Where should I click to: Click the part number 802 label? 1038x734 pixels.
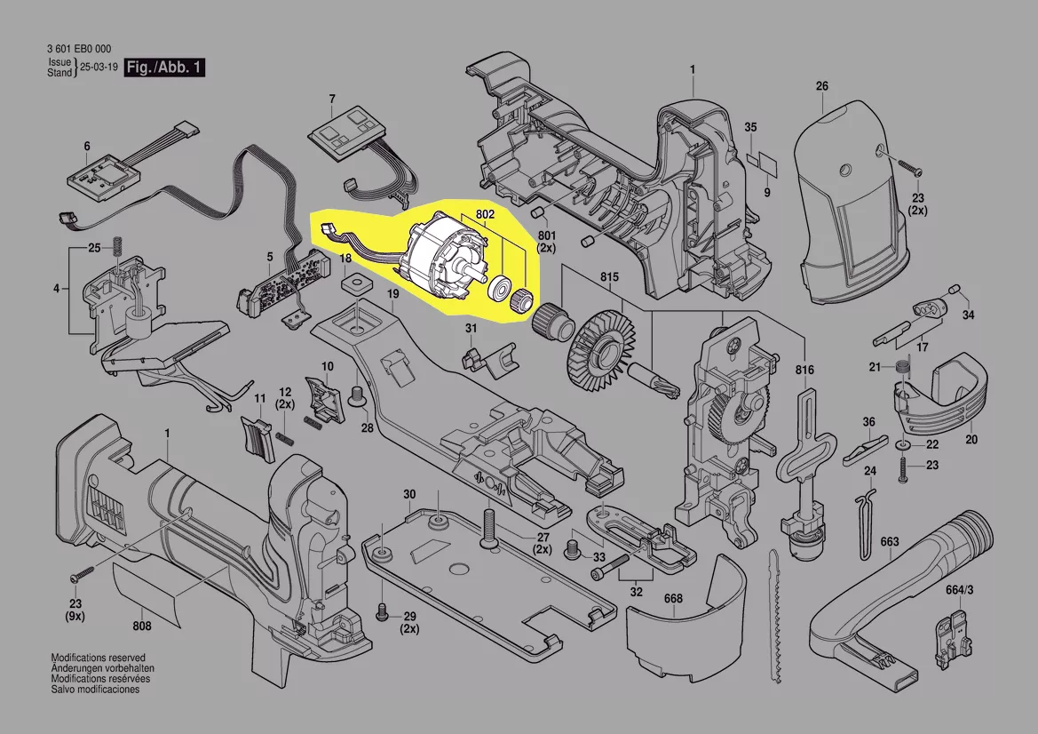click(x=486, y=215)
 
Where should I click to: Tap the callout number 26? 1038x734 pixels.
click(x=821, y=86)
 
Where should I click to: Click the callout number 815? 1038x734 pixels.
click(x=608, y=277)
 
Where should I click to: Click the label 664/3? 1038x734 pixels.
click(x=959, y=589)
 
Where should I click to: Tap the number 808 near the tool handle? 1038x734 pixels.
click(x=142, y=626)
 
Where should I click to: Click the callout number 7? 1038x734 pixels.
click(x=332, y=99)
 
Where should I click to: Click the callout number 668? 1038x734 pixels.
click(x=673, y=598)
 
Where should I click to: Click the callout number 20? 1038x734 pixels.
click(x=971, y=440)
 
